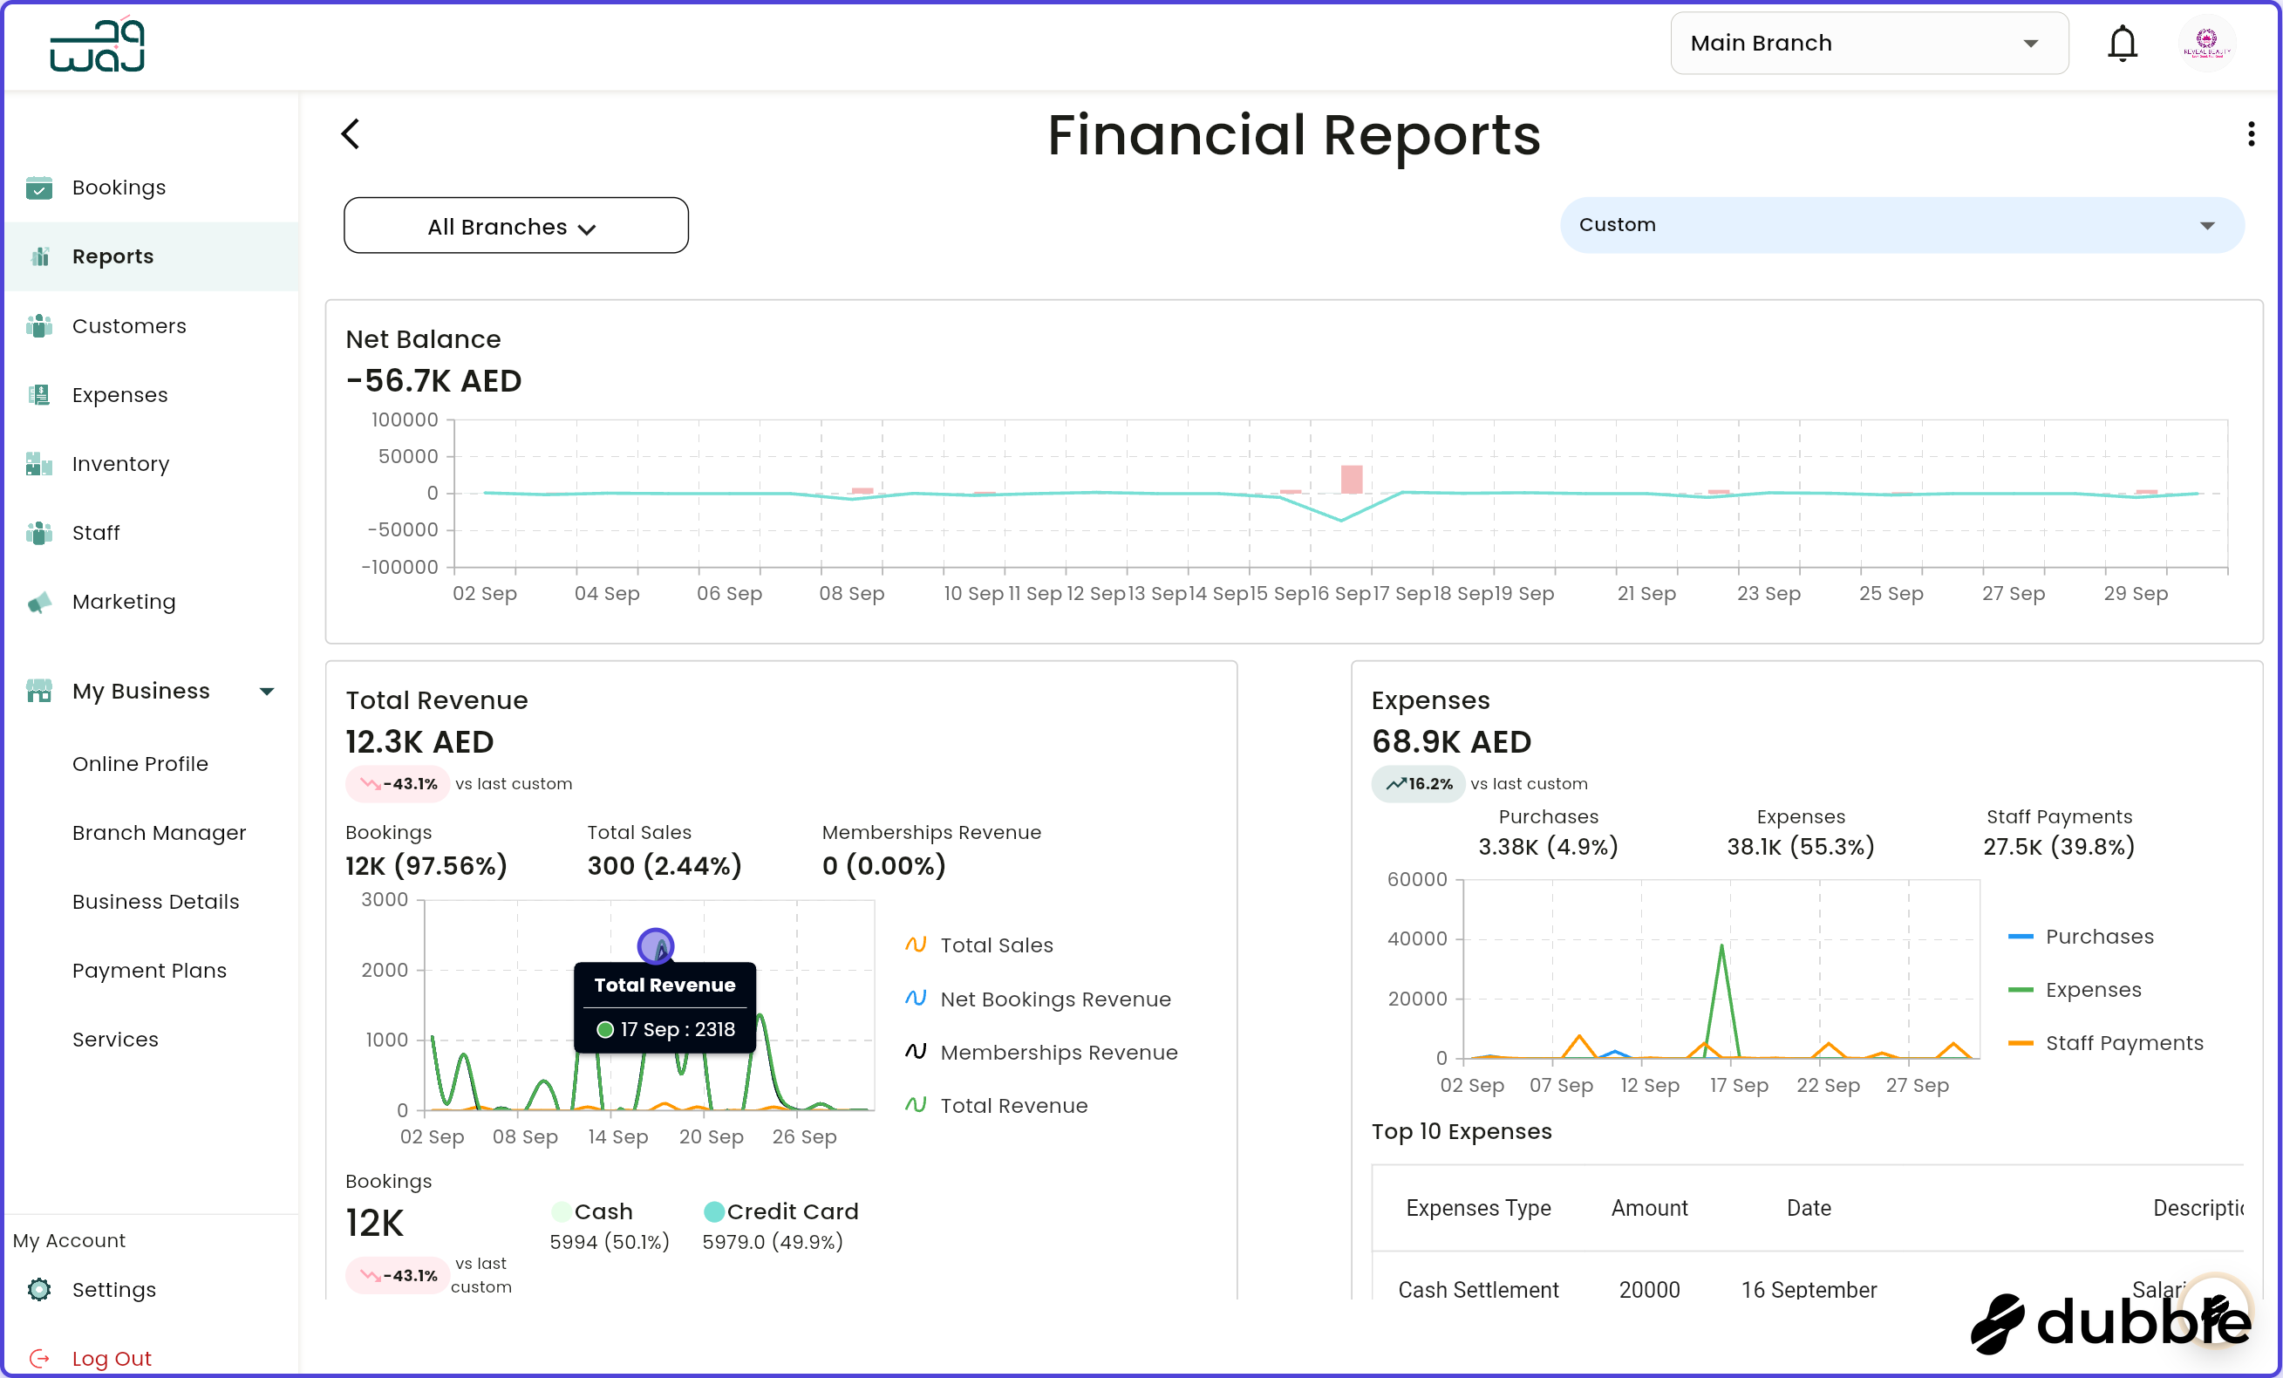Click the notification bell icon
click(x=2122, y=44)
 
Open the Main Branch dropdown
click(x=1868, y=44)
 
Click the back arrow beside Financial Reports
click(x=351, y=134)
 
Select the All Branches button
click(x=515, y=226)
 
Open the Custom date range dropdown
click(x=1900, y=225)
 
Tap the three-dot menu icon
click(x=2251, y=134)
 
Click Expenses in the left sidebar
click(x=119, y=395)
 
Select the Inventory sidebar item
click(x=120, y=463)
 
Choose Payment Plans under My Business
click(x=149, y=970)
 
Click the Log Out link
click(x=112, y=1359)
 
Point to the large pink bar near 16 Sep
click(x=1352, y=479)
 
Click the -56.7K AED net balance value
click(x=433, y=381)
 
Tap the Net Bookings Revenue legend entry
click(x=1054, y=999)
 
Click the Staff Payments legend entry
click(x=2123, y=1042)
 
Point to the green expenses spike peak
click(x=1721, y=947)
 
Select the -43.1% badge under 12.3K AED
click(x=399, y=784)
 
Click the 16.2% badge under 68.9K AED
click(x=1419, y=784)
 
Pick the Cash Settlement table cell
click(x=1478, y=1289)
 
